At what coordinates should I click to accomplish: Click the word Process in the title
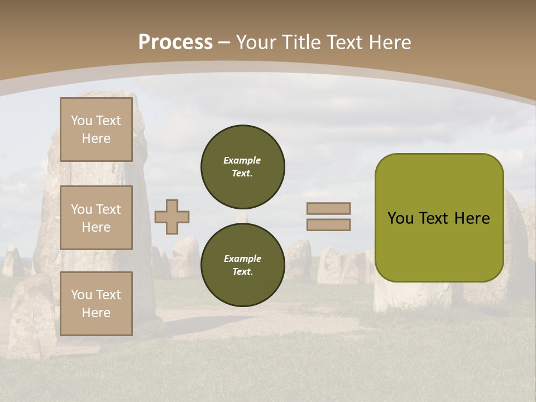[175, 42]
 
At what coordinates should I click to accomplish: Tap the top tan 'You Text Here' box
[96, 130]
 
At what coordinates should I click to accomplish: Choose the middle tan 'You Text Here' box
[96, 218]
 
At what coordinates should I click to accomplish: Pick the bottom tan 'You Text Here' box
[96, 304]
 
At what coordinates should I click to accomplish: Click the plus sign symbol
[172, 217]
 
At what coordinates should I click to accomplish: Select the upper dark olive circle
[243, 166]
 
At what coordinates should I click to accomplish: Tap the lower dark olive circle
[243, 265]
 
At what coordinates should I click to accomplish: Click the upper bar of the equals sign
[328, 208]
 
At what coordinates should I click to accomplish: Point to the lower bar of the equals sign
[328, 224]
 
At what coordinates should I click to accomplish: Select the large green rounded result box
[439, 246]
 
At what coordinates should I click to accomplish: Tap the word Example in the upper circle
[242, 160]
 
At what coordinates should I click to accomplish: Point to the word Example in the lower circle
[242, 259]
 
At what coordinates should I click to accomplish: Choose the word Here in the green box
[472, 218]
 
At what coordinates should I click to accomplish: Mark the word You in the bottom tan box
[82, 295]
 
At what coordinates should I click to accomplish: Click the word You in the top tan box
[82, 121]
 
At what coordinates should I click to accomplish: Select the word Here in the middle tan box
[96, 227]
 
